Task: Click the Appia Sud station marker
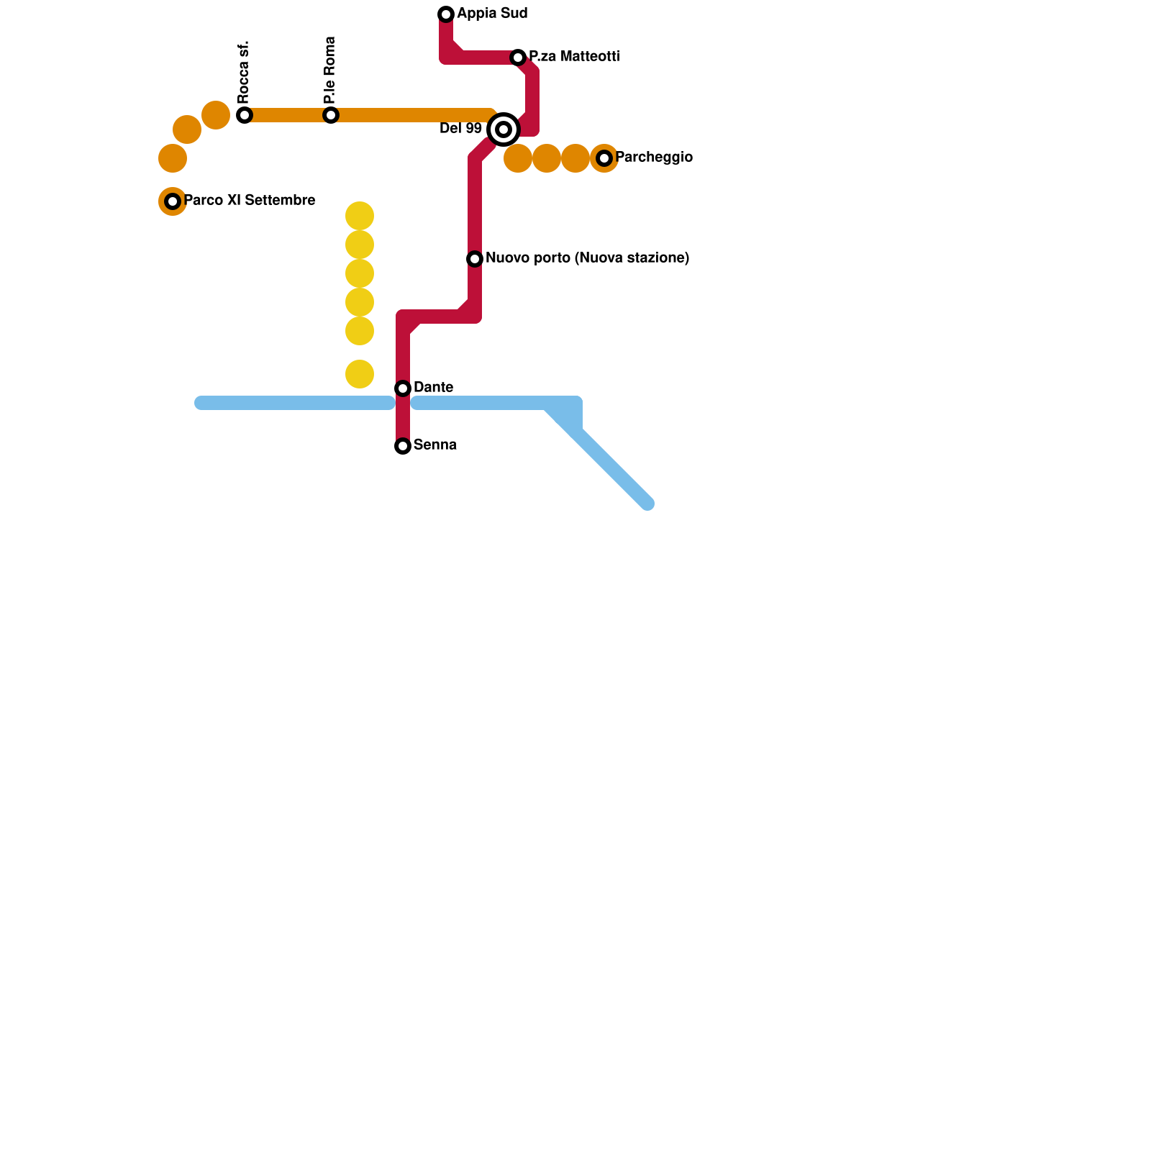(x=446, y=14)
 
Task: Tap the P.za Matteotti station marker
(x=518, y=58)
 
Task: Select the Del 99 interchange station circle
(x=504, y=129)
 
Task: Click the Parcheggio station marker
(x=604, y=158)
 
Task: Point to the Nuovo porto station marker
(x=475, y=259)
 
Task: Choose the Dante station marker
(x=403, y=388)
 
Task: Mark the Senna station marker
(x=403, y=446)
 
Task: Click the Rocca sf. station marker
(x=245, y=115)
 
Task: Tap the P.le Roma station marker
(x=331, y=115)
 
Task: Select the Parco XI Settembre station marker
(x=173, y=201)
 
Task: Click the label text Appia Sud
(x=492, y=14)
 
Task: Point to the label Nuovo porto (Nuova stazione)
(x=587, y=258)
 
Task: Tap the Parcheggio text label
(x=654, y=158)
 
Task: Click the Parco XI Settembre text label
(x=249, y=201)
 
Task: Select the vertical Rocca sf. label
(x=244, y=72)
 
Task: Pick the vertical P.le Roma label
(x=330, y=70)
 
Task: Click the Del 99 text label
(x=460, y=129)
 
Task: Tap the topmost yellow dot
(x=360, y=216)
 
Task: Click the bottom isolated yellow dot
(x=360, y=374)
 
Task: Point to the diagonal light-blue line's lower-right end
(x=647, y=504)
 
